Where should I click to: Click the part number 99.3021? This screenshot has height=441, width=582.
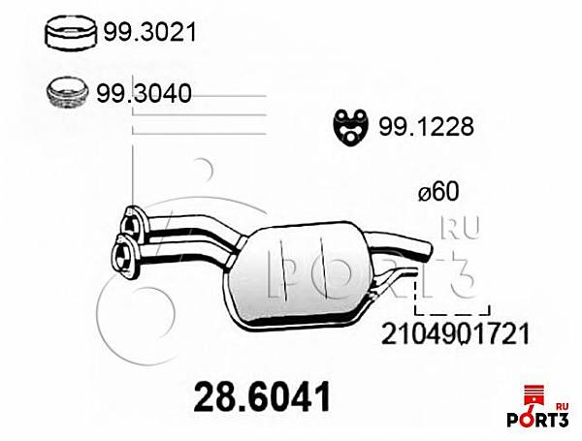[x=149, y=32]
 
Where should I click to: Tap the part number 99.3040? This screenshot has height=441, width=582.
[x=144, y=93]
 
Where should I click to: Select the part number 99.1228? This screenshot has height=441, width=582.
[x=426, y=127]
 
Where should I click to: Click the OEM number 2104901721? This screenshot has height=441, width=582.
[x=455, y=333]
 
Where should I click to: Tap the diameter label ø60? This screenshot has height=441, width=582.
[x=438, y=192]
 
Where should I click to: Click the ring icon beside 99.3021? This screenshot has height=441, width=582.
[x=71, y=33]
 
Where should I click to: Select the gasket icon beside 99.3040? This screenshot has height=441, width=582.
[x=68, y=93]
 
